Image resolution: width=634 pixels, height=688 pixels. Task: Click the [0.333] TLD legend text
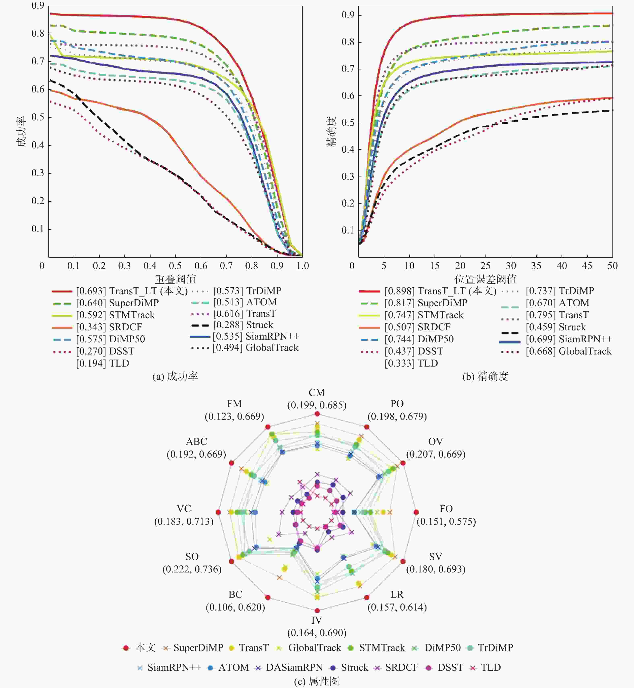tap(411, 363)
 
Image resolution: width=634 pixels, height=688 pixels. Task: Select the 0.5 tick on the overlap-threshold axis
tap(175, 266)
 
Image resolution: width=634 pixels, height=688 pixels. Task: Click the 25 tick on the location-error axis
tap(485, 266)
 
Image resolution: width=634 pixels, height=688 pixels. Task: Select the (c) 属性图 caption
tap(317, 681)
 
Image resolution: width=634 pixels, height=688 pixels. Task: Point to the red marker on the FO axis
tap(416, 512)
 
